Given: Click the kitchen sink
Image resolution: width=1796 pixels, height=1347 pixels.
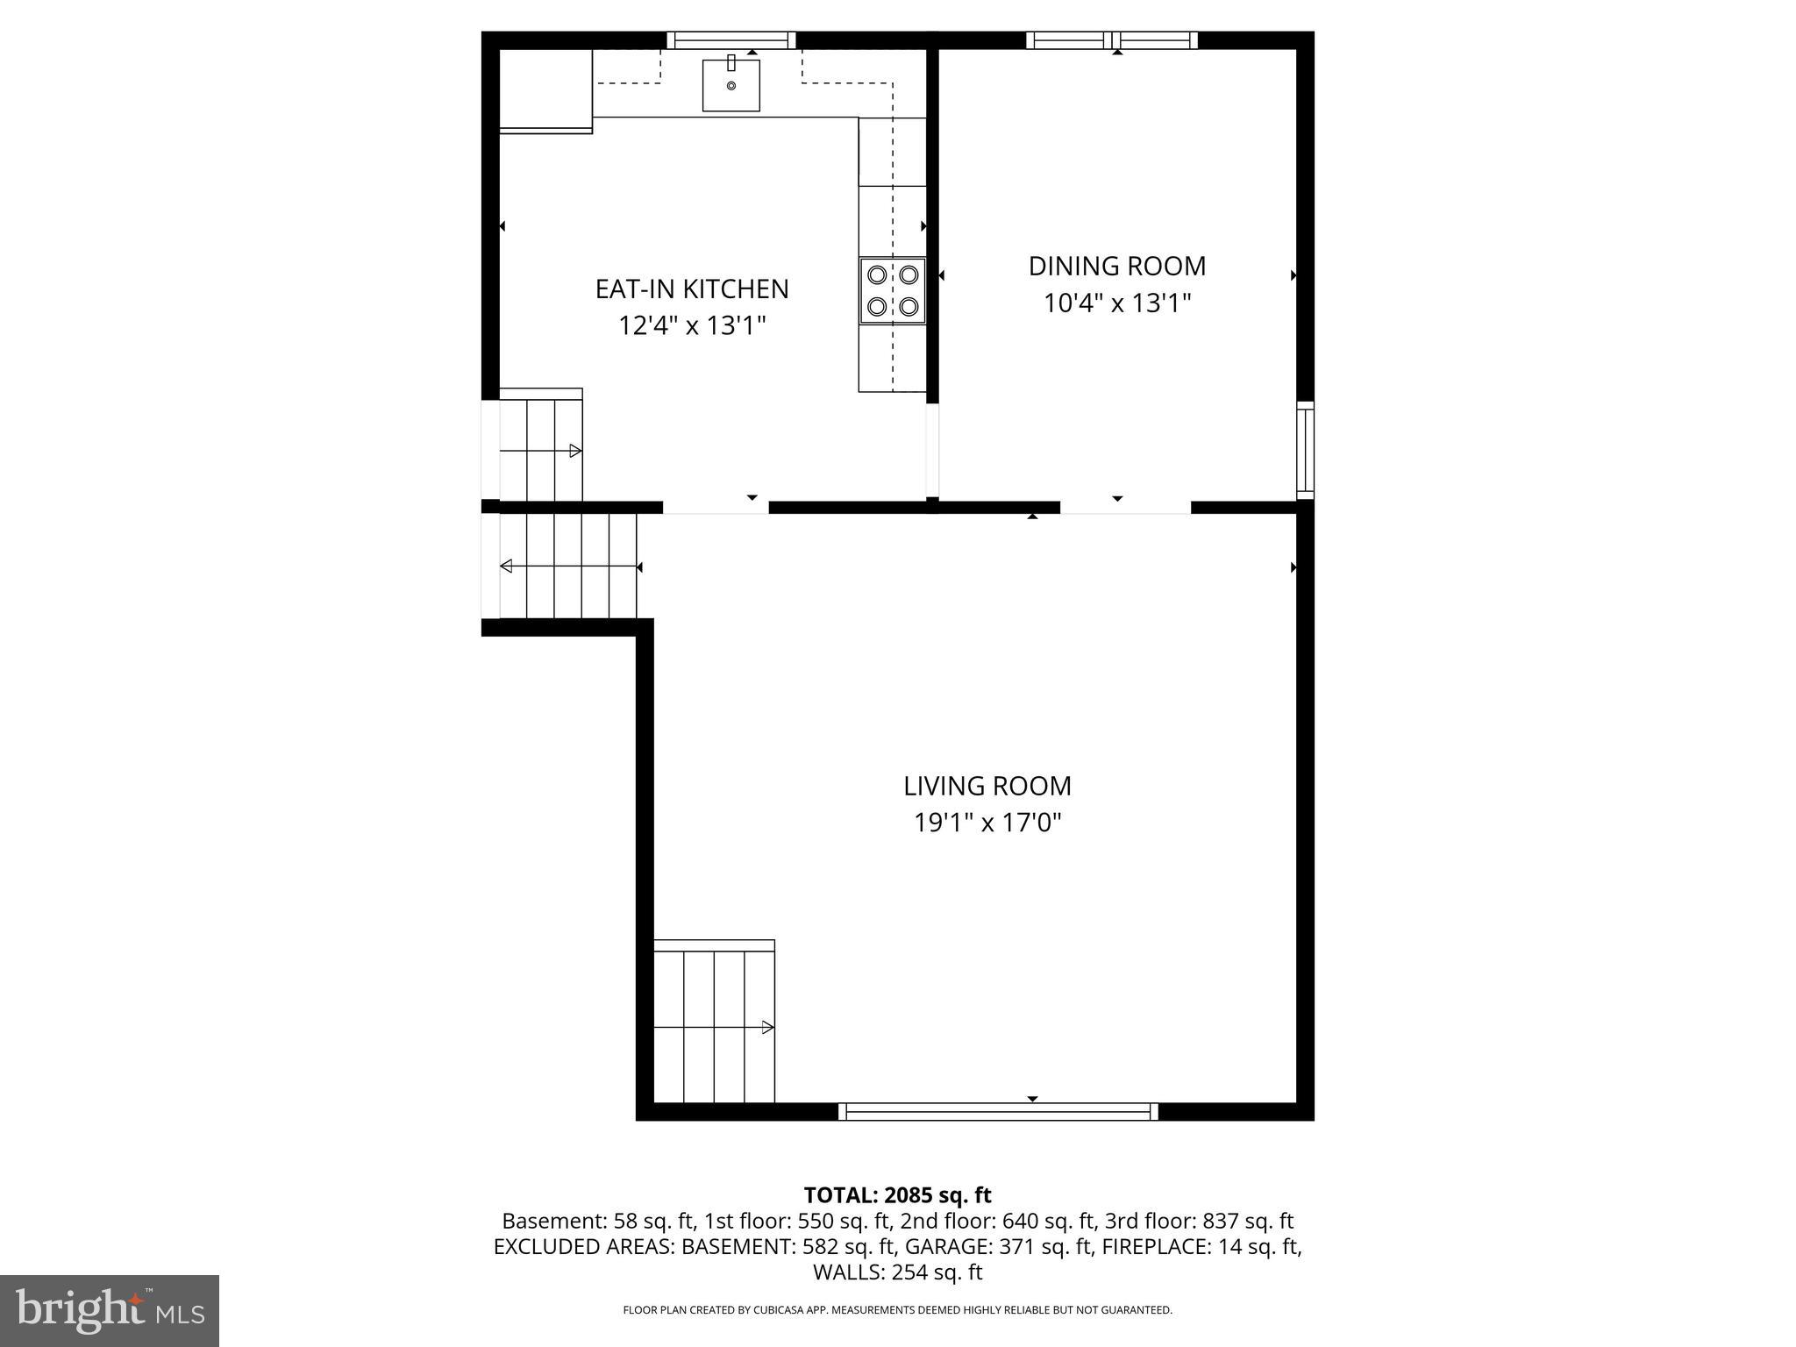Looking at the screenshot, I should (731, 85).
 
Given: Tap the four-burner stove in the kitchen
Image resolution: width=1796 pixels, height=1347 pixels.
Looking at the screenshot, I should (892, 291).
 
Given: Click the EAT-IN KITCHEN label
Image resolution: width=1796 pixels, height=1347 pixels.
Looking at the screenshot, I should (692, 289).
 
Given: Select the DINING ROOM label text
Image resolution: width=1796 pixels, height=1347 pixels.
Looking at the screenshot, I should (1117, 266).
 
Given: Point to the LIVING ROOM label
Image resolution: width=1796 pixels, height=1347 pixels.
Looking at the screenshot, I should (987, 786).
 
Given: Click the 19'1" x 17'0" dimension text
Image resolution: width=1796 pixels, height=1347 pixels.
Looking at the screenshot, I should (987, 823).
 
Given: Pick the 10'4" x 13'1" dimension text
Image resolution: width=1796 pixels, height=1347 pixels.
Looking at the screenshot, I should (1117, 303).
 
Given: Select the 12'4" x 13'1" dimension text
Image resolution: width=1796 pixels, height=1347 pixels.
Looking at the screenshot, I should (692, 326).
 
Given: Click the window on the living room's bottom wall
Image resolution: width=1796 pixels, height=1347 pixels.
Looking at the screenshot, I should (998, 1111).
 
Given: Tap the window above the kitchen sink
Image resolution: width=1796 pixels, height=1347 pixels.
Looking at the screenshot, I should (731, 39).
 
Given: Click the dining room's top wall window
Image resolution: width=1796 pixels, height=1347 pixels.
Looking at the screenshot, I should (1111, 39).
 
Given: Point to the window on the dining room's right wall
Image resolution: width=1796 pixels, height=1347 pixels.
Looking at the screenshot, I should (1305, 450).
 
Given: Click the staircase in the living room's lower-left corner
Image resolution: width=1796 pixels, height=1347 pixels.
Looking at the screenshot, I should (715, 1023).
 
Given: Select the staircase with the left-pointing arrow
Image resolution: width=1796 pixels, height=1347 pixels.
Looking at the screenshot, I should (568, 567).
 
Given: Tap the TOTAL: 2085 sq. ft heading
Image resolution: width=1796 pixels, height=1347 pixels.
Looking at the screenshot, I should (897, 1194).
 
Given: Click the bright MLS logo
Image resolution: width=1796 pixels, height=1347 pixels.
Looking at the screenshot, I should (110, 1310).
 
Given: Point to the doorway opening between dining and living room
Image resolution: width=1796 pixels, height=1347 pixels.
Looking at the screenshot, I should (1125, 507).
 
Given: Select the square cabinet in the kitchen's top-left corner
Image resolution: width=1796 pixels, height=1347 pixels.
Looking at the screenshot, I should (545, 88).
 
